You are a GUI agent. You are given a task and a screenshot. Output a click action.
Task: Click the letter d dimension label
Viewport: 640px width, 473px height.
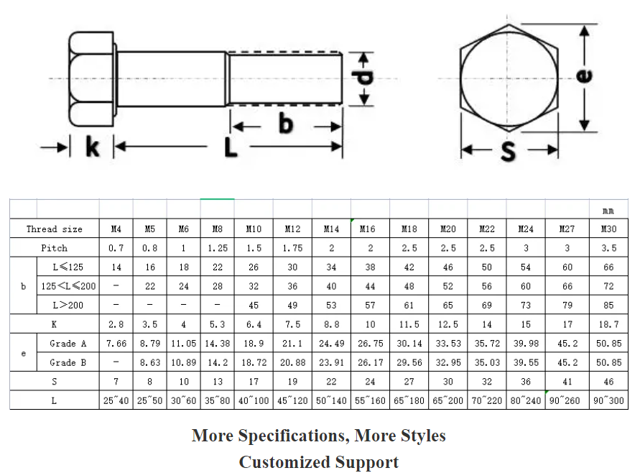(x=366, y=77)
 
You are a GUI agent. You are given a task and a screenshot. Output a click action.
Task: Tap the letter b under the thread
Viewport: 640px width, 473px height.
(x=286, y=124)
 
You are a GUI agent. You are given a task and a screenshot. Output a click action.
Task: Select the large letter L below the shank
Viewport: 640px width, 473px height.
(x=229, y=147)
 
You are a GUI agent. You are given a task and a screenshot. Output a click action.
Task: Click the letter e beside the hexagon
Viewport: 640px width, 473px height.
(x=585, y=74)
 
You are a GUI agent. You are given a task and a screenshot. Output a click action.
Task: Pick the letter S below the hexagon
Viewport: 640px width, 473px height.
(x=509, y=151)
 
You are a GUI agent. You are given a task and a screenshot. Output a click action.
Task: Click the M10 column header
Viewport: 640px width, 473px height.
(x=254, y=229)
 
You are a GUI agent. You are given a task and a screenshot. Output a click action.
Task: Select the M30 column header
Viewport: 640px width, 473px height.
(x=608, y=229)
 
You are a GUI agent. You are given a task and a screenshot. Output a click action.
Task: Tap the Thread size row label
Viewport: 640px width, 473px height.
(x=55, y=229)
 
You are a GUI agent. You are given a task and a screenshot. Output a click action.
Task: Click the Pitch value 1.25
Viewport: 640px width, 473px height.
(x=218, y=248)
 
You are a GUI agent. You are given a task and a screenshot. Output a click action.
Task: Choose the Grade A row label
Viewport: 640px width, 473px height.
(x=68, y=344)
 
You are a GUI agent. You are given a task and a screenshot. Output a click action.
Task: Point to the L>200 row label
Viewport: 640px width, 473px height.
(x=68, y=305)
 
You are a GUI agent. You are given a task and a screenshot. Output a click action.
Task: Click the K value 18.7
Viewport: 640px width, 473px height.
(x=608, y=324)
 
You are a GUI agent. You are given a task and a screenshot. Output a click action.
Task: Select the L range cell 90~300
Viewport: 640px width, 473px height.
(x=608, y=400)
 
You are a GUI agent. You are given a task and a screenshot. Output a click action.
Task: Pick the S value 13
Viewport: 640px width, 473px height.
(x=218, y=382)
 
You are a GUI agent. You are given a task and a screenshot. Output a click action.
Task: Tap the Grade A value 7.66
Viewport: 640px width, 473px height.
(x=116, y=344)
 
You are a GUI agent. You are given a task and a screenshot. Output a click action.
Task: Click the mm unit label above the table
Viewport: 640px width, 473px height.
(x=608, y=211)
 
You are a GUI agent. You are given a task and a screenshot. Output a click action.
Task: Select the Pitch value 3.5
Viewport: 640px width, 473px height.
(x=608, y=248)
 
